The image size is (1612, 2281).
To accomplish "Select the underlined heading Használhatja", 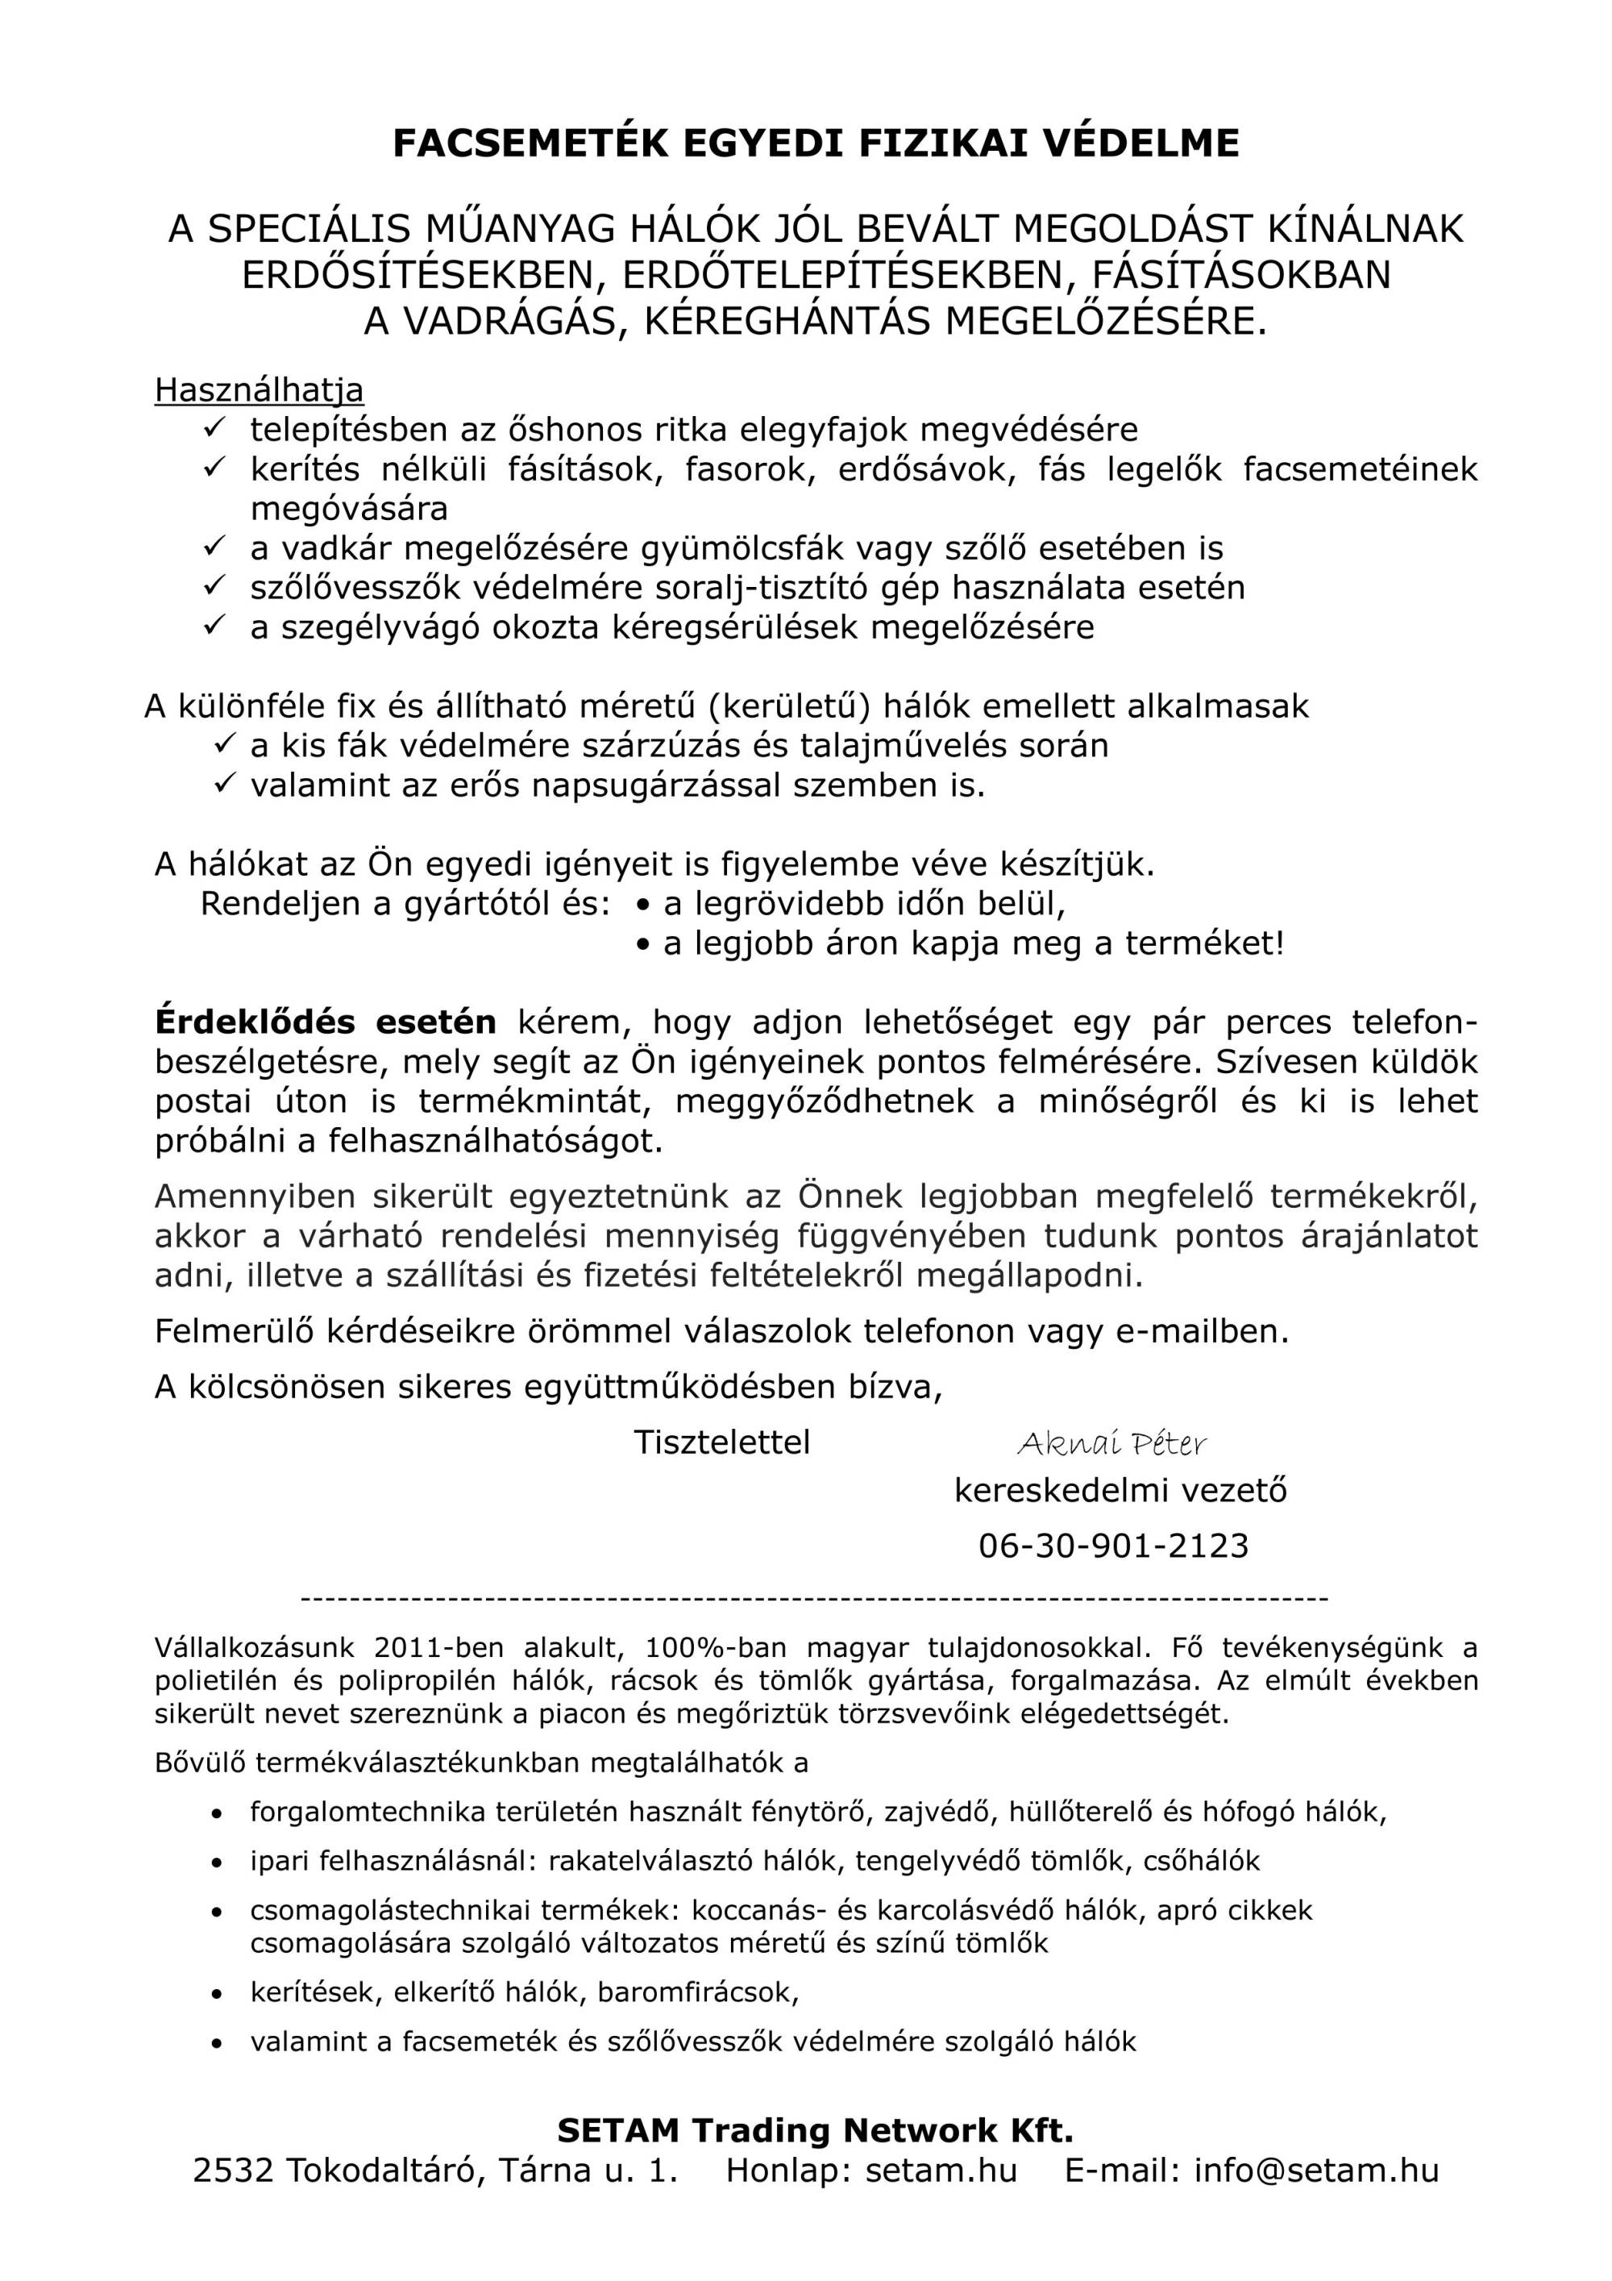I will pos(258,389).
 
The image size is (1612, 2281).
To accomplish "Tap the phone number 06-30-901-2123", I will pos(1113,1545).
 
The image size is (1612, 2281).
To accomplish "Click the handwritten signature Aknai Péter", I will pos(1111,1443).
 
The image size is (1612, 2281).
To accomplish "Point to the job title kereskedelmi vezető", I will pos(1120,1490).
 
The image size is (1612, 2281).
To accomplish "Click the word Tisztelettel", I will pos(722,1442).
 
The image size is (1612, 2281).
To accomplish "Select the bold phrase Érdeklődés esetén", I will pos(325,1022).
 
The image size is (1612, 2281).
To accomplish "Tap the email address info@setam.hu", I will pos(1316,2170).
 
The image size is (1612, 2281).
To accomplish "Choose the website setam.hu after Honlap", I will pos(941,2170).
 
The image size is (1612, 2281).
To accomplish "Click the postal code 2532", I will pos(232,2170).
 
